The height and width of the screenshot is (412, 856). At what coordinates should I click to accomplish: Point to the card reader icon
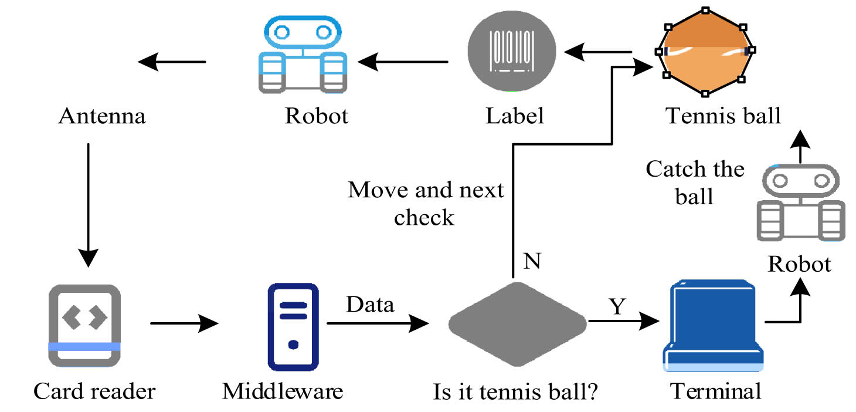(85, 326)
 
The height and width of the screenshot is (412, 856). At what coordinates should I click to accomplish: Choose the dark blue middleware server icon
(293, 326)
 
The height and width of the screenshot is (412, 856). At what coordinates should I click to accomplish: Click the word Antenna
(102, 116)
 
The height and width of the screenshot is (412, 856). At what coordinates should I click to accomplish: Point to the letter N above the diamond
(531, 262)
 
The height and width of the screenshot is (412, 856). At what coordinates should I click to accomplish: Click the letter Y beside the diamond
(617, 306)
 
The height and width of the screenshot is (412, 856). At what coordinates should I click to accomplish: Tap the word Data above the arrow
(370, 305)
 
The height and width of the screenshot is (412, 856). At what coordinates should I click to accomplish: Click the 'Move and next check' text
(426, 204)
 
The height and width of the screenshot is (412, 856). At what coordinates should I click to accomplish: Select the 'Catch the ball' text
(695, 182)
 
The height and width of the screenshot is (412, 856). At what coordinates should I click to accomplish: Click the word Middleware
(283, 390)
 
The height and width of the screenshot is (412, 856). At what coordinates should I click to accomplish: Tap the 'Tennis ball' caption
(723, 116)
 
